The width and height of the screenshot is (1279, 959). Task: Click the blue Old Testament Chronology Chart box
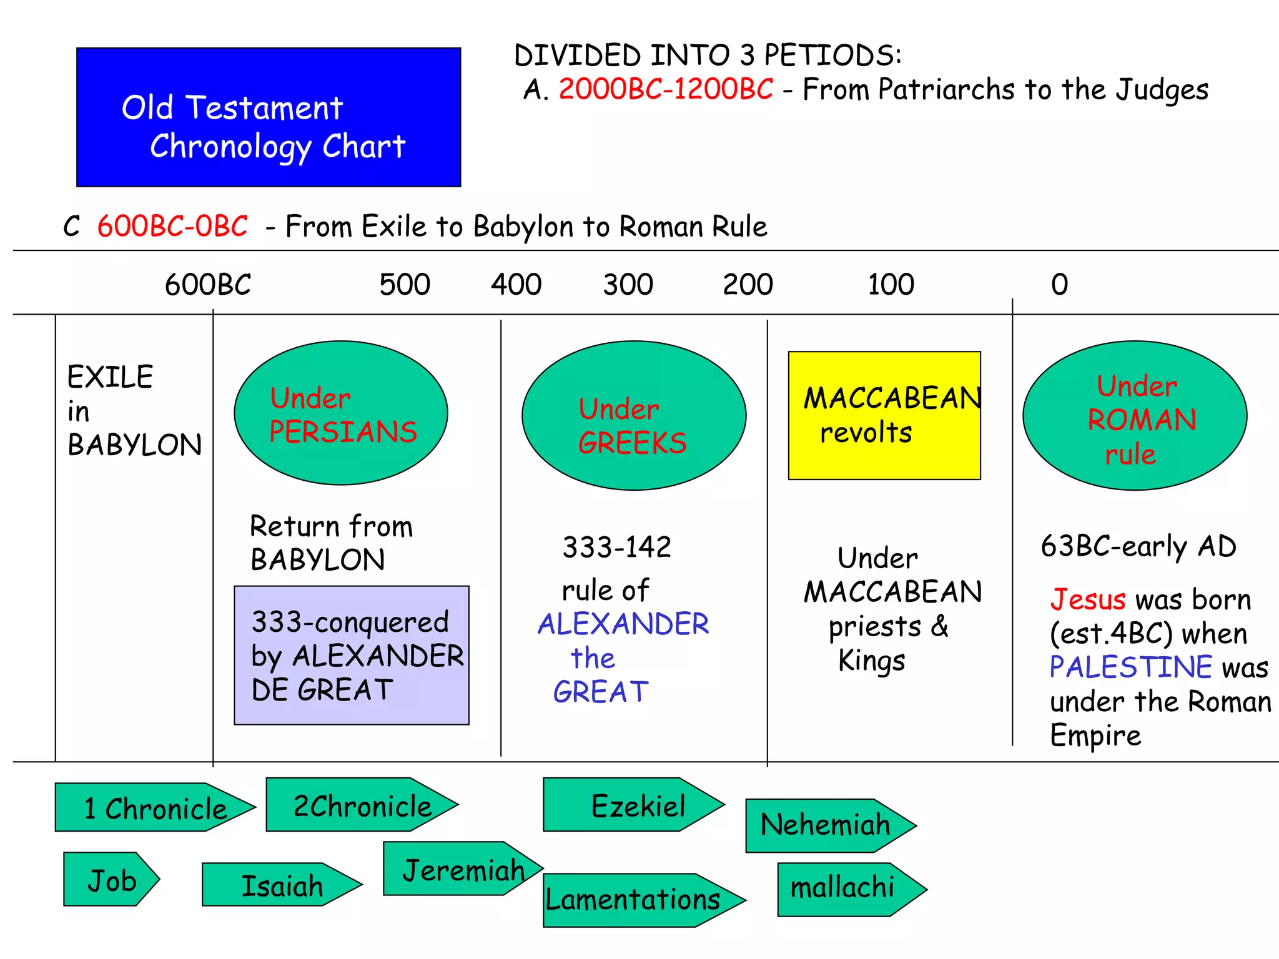269,117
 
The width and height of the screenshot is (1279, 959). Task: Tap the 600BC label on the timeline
207,285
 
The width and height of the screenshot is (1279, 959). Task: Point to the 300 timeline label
628,285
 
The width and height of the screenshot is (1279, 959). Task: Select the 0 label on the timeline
1059,285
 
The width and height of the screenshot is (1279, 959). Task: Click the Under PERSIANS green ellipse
341,413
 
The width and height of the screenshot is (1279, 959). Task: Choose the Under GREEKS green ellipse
634,416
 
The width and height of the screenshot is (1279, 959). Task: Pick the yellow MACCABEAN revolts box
884,416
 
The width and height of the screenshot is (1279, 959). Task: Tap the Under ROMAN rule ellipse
1135,416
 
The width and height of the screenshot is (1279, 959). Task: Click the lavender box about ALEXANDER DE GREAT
352,656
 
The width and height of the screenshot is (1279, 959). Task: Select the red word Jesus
1088,600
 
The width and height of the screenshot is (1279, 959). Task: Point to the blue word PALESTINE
1130,667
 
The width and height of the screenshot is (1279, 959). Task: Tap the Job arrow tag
111,880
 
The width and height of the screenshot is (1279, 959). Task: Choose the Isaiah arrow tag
281,885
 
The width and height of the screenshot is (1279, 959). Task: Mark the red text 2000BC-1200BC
666,89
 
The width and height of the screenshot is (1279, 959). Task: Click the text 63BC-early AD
1138,546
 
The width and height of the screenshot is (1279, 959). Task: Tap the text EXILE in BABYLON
133,411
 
